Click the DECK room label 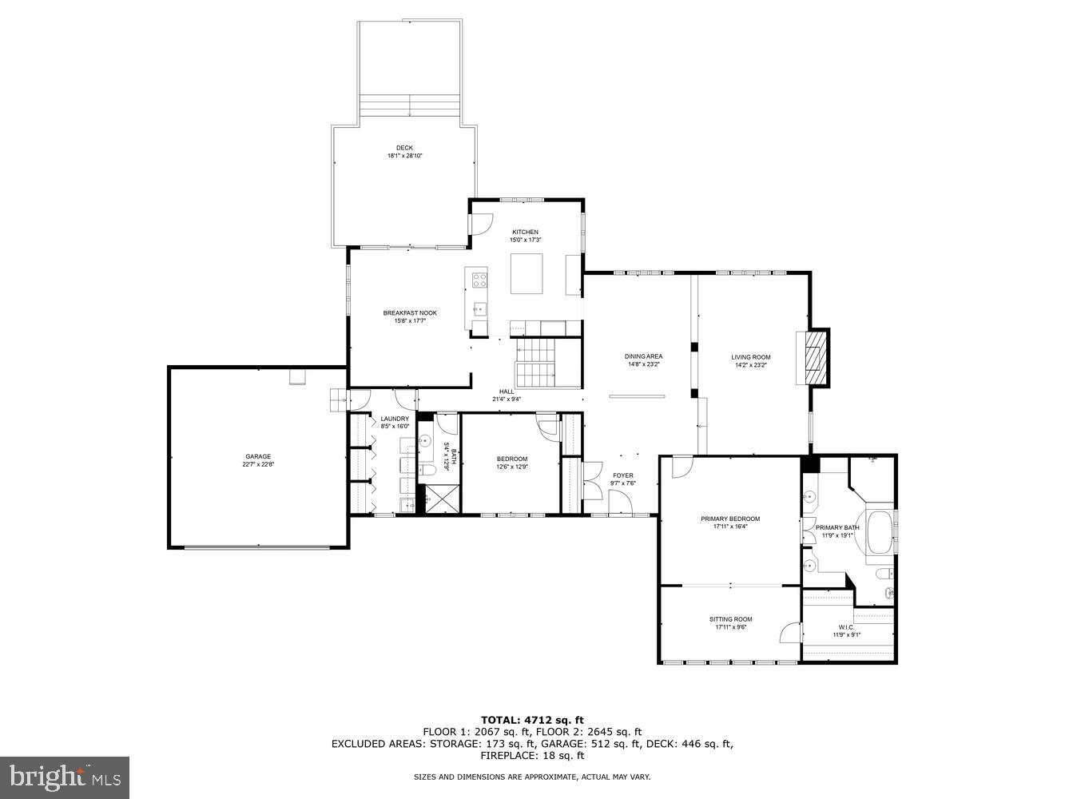click(x=404, y=148)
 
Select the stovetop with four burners click(x=480, y=280)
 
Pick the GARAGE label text click(x=258, y=457)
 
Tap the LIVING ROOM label click(x=751, y=357)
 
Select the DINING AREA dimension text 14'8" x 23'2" click(x=643, y=365)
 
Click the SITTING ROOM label click(x=730, y=619)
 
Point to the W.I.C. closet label click(x=847, y=627)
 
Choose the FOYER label click(x=623, y=475)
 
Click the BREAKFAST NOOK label click(x=410, y=313)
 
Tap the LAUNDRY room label click(x=395, y=419)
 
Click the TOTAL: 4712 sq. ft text click(x=531, y=720)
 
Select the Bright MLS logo click(x=65, y=777)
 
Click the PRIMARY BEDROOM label click(x=730, y=519)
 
